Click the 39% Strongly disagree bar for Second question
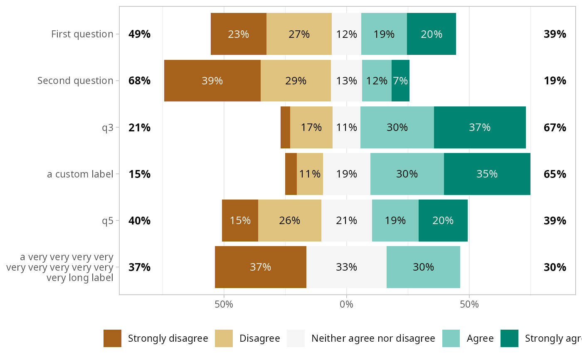[x=212, y=81]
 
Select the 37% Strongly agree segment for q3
[x=480, y=127]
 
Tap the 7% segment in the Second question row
[x=400, y=81]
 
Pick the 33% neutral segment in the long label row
[x=346, y=267]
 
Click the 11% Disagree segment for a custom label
[x=310, y=174]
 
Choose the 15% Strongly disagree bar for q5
[x=240, y=220]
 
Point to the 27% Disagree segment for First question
[x=299, y=34]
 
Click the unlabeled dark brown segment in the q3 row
[x=285, y=127]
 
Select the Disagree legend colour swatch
[x=224, y=338]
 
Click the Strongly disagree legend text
[x=168, y=338]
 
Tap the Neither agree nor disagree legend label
[x=373, y=338]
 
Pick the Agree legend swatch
[x=451, y=338]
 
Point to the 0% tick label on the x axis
[x=346, y=304]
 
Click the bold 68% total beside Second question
[x=139, y=81]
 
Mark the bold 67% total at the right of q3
[x=555, y=127]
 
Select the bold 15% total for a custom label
[x=139, y=174]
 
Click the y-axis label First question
[x=82, y=34]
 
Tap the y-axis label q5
[x=108, y=220]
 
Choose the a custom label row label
[x=80, y=174]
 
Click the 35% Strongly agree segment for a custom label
[x=487, y=174]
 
